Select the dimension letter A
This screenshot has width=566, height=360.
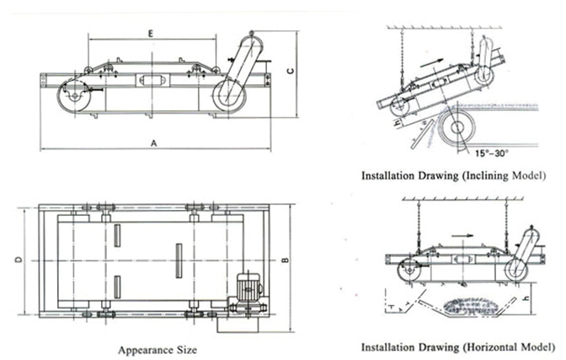pos(154,143)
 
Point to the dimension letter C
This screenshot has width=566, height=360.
pos(288,73)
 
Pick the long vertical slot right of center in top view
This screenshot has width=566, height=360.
pos(178,261)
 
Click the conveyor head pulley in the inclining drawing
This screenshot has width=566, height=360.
pos(459,129)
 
